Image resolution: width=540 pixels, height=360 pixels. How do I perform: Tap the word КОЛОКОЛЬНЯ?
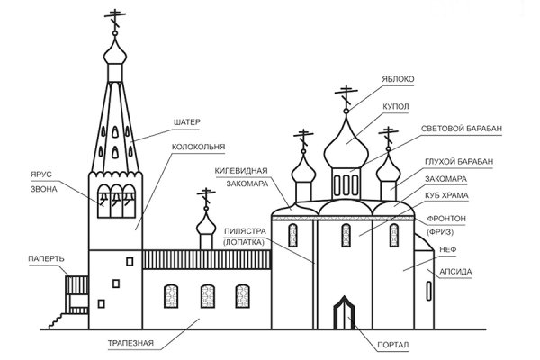[x=201, y=146]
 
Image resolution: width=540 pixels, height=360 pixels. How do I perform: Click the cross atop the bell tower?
[x=114, y=17]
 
